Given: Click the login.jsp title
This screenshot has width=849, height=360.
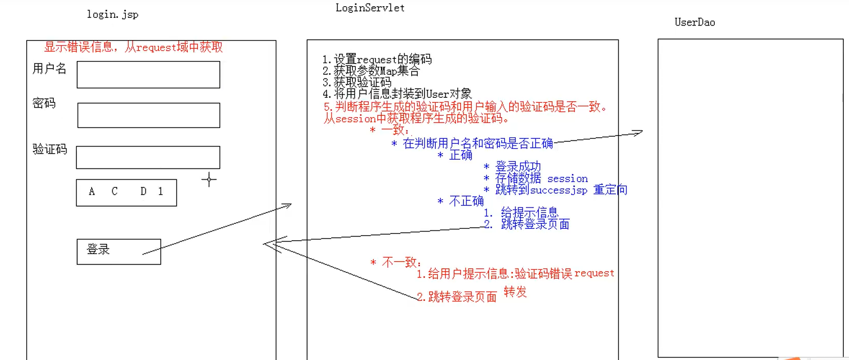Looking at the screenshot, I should point(113,14).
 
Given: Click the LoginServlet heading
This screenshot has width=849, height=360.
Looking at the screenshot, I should point(370,8).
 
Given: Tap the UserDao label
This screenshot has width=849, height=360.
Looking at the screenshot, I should point(694,22).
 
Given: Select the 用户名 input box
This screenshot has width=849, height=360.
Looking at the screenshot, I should point(148,75).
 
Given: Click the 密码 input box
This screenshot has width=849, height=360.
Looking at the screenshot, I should point(148,115).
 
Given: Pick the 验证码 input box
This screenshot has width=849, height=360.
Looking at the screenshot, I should point(148,157).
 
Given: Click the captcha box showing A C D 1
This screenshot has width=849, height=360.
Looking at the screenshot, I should point(126,193).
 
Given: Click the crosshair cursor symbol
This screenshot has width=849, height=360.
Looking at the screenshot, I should point(209,179).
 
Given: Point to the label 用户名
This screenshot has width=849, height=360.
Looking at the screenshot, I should point(49,69).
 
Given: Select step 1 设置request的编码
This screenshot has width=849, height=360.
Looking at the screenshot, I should point(377,59).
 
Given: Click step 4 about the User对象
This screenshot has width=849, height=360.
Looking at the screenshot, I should point(397,94).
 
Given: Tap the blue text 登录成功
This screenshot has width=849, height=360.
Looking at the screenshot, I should point(518,166).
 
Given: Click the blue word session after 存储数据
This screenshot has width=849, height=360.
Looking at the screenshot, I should point(567,179).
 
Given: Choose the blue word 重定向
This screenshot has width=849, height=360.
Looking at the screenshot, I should point(610,190).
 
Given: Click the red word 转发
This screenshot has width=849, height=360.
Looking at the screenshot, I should point(515,292).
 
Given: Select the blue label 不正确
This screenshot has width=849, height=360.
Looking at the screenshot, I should point(466,201).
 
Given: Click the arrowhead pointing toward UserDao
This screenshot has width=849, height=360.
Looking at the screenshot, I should point(638,133).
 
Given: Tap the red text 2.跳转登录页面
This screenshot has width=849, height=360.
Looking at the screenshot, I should point(457,297).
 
